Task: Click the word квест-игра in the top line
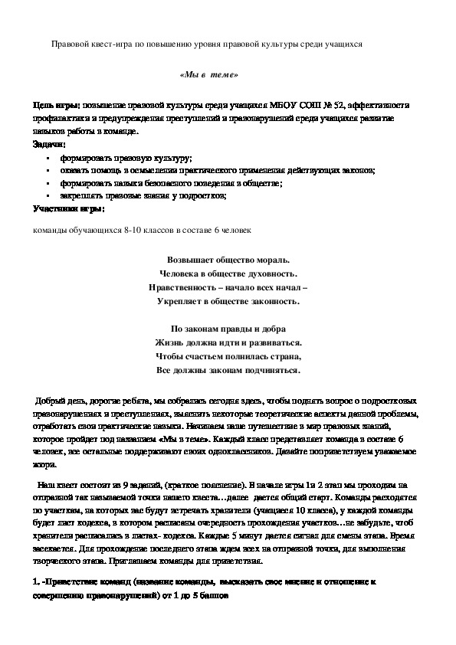pyautogui.click(x=110, y=44)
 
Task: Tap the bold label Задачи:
pyautogui.click(x=49, y=144)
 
